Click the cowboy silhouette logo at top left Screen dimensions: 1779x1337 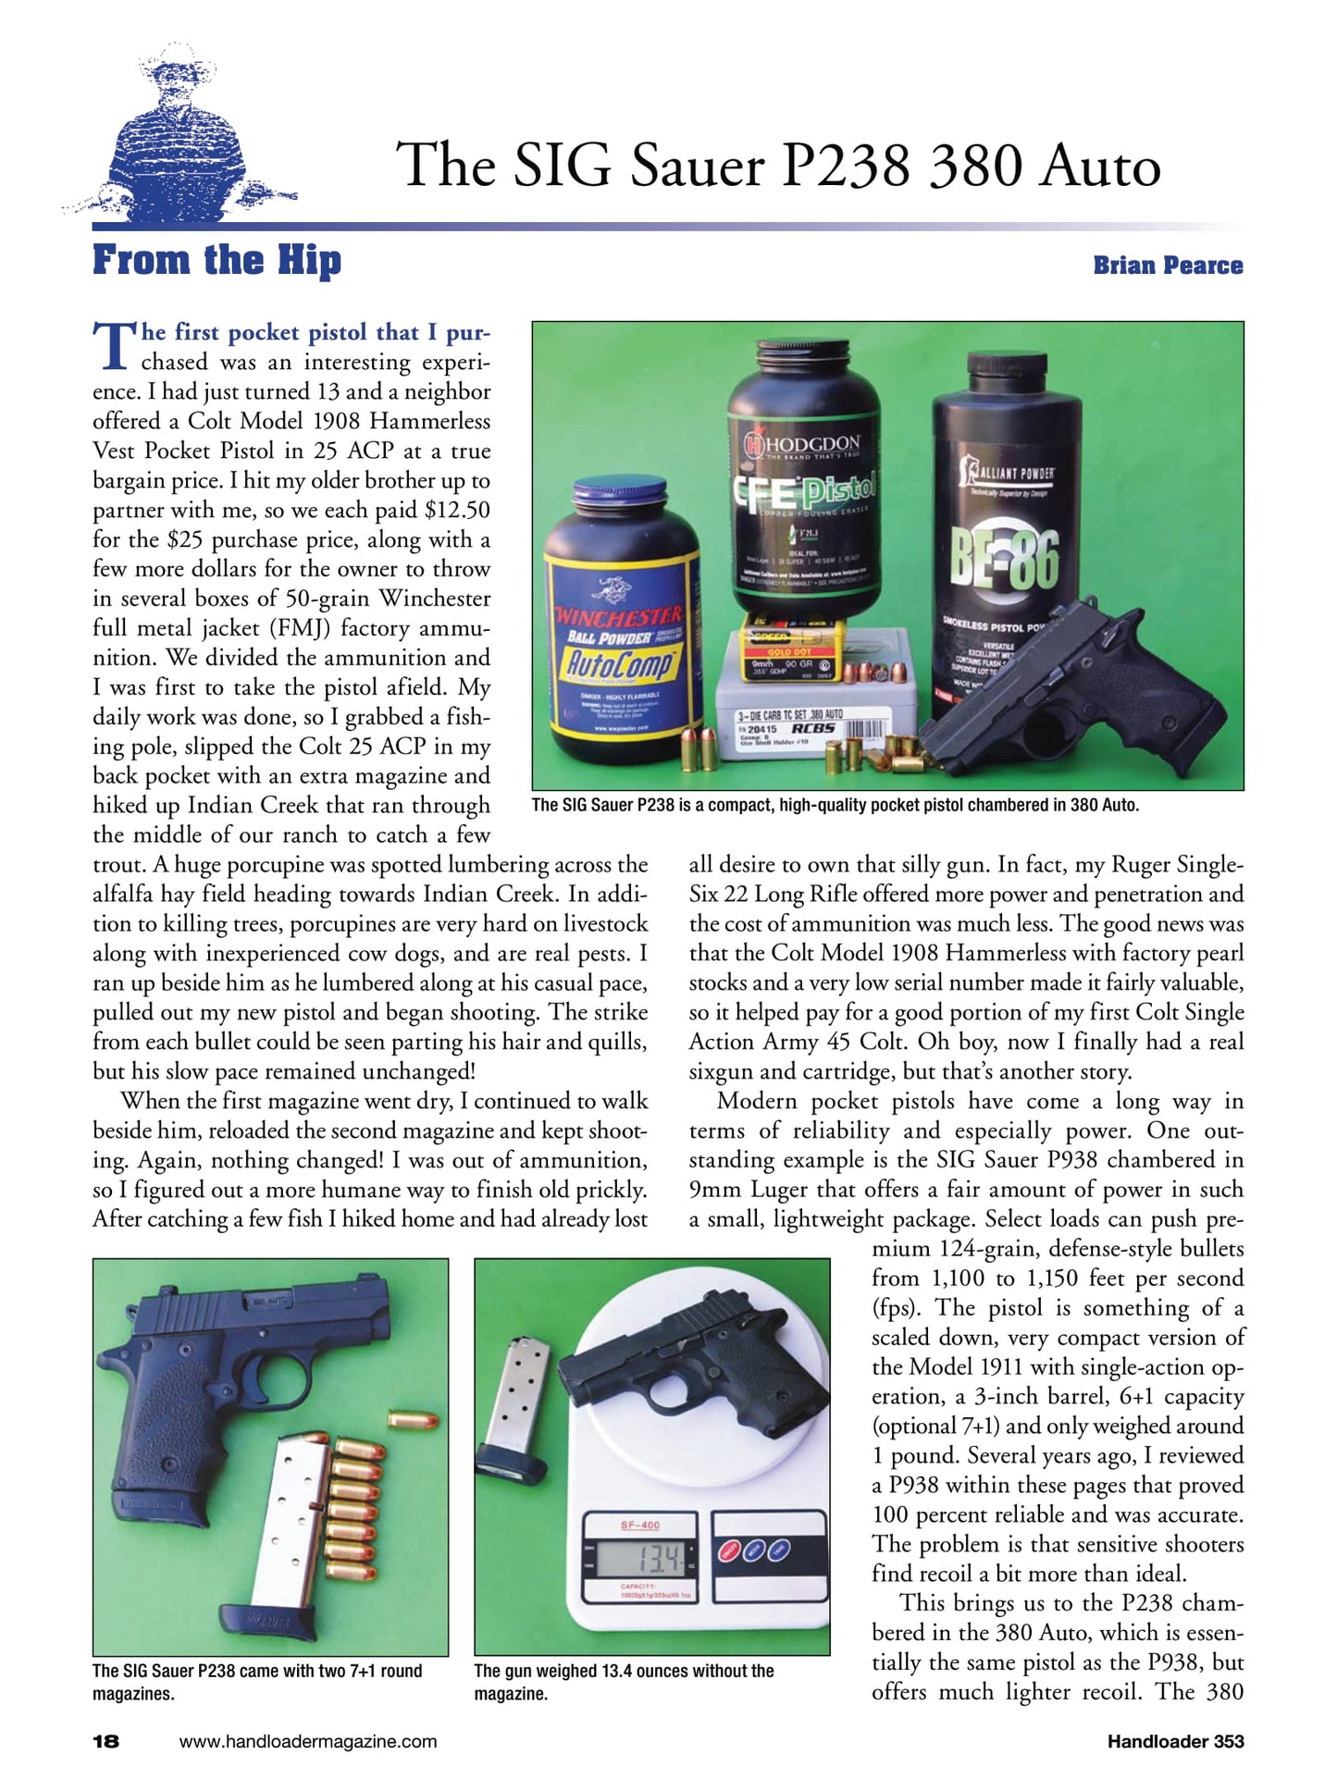pos(176,139)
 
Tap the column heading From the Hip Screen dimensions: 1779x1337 pos(217,261)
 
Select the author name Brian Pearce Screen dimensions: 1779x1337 pos(1168,266)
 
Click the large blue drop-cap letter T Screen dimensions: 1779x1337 pos(115,345)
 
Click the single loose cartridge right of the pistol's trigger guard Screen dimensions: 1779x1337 pos(411,1419)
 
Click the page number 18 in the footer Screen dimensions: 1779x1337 pos(105,1741)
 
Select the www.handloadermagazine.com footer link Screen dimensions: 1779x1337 pos(307,1741)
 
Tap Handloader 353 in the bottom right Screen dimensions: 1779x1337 pos(1175,1741)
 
